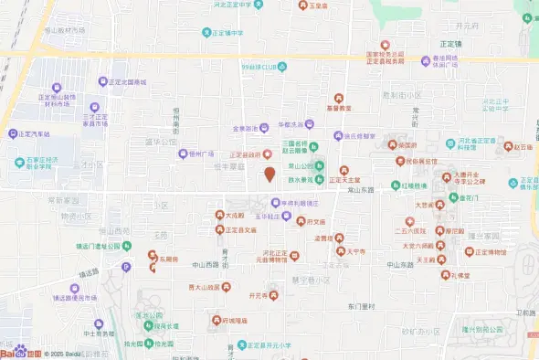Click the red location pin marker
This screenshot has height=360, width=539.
click(x=269, y=174)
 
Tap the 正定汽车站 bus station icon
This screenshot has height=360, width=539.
click(x=13, y=133)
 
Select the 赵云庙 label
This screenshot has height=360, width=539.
click(x=522, y=146)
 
